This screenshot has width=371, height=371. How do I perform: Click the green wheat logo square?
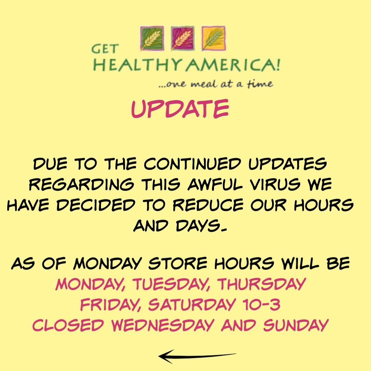tap(152, 38)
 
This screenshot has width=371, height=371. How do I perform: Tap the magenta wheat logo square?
tap(183, 38)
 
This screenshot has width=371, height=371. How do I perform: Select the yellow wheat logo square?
tap(213, 38)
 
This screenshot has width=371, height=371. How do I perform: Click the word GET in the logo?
tap(105, 49)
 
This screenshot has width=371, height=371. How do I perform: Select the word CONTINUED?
tap(192, 164)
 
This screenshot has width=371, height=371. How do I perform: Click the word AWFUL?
tap(215, 184)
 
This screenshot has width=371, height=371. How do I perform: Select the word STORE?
tap(178, 263)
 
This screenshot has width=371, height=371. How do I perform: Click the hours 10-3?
tap(261, 304)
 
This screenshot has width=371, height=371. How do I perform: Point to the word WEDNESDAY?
tap(163, 325)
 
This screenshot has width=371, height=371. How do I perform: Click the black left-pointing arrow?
tap(197, 356)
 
